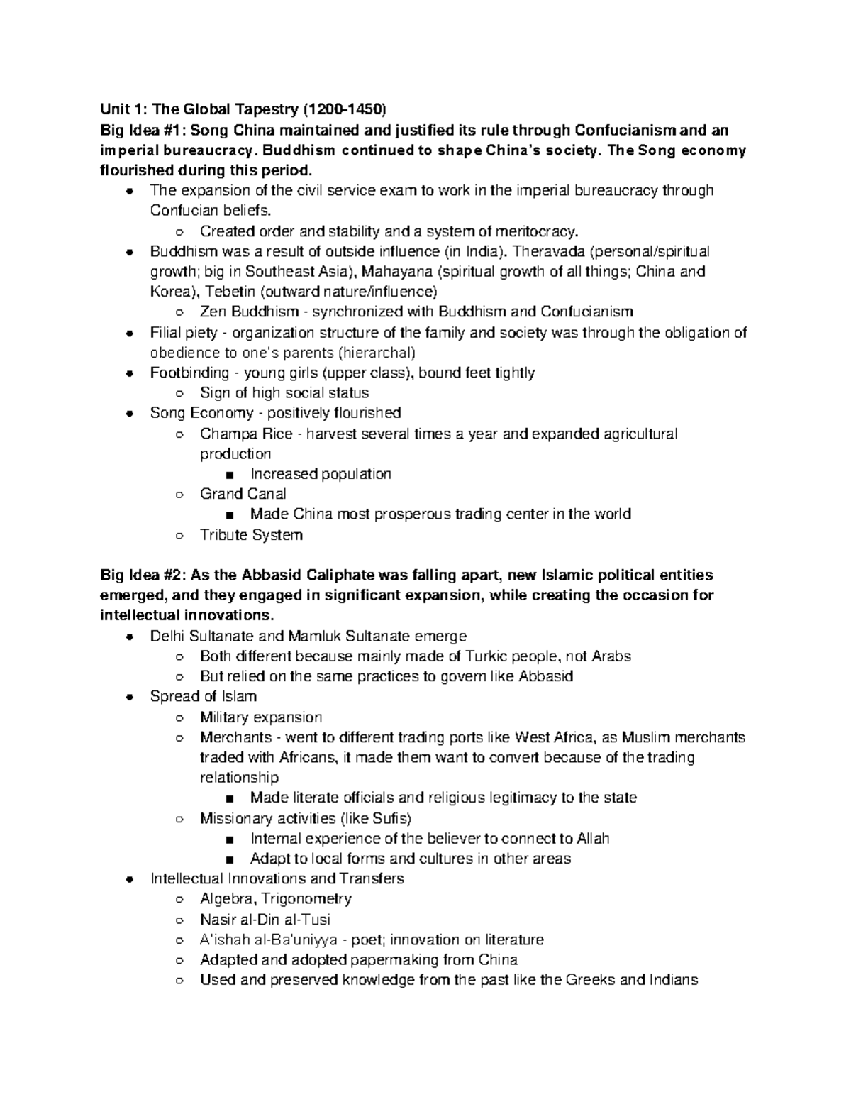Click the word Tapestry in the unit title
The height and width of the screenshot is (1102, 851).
[265, 110]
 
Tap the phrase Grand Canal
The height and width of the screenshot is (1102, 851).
[243, 494]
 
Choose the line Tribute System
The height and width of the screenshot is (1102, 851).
[251, 534]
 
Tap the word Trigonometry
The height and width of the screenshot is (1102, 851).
[307, 899]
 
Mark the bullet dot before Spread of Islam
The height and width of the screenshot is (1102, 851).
[129, 697]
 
